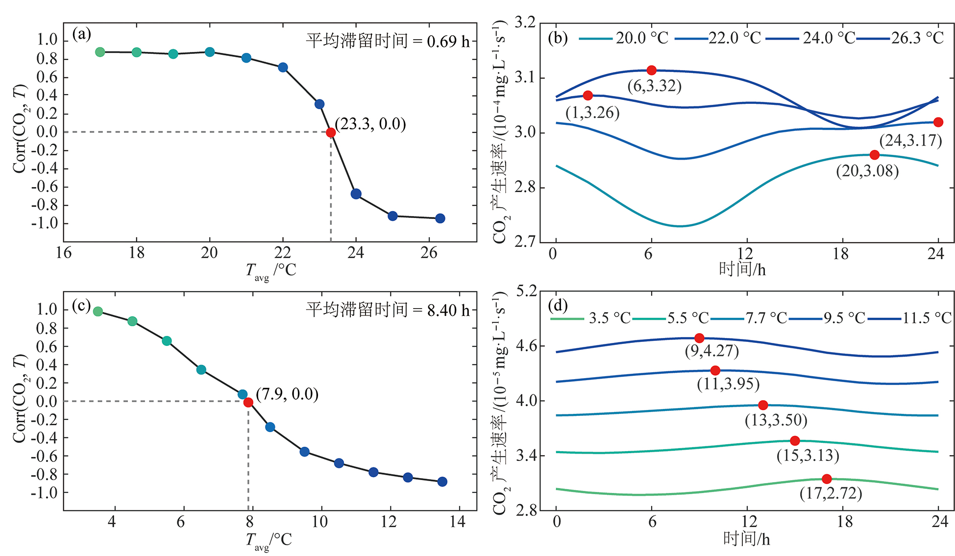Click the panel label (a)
81,34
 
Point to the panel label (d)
558,306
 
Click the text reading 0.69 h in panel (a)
448,42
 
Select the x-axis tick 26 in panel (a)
429,253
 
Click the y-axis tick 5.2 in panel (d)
526,291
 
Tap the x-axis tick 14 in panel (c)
457,522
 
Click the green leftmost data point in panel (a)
100,52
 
